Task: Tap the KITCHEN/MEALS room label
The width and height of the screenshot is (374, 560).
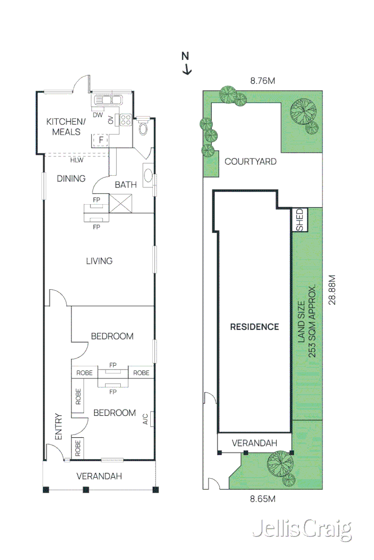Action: pyautogui.click(x=64, y=126)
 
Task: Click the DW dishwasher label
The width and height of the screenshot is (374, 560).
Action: pyautogui.click(x=97, y=115)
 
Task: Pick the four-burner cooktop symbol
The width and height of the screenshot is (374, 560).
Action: pyautogui.click(x=126, y=120)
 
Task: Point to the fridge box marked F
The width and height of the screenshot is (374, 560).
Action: pyautogui.click(x=100, y=140)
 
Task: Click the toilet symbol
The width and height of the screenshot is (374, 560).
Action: pyautogui.click(x=143, y=128)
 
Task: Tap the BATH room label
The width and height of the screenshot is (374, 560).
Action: pyautogui.click(x=126, y=184)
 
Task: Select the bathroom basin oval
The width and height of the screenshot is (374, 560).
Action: pyautogui.click(x=148, y=176)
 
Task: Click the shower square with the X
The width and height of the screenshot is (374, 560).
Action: pyautogui.click(x=120, y=203)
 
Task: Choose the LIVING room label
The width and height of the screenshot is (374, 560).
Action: pyautogui.click(x=99, y=261)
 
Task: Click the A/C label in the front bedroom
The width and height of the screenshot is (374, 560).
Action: pyautogui.click(x=144, y=418)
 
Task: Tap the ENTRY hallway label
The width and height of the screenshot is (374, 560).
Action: pyautogui.click(x=58, y=427)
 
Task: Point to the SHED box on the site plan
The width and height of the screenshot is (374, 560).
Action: pyautogui.click(x=299, y=219)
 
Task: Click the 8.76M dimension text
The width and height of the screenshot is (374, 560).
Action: pyautogui.click(x=263, y=81)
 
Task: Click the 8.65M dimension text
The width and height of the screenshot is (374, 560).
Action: pyautogui.click(x=263, y=499)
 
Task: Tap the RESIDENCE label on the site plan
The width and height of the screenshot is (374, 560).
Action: pyautogui.click(x=255, y=326)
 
